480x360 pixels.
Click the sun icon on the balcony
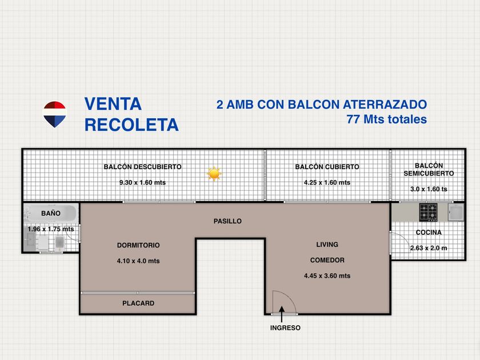pyautogui.click(x=214, y=174)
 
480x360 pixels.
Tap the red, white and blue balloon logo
pyautogui.click(x=54, y=114)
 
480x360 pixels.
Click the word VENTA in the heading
pyautogui.click(x=113, y=104)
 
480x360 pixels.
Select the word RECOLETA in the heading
pyautogui.click(x=131, y=125)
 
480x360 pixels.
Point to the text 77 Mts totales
pyautogui.click(x=387, y=119)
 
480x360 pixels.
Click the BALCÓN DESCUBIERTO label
pyautogui.click(x=143, y=167)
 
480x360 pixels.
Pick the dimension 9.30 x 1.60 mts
pyautogui.click(x=143, y=182)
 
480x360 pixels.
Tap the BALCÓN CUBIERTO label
pyautogui.click(x=327, y=167)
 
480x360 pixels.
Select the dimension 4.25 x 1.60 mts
pyautogui.click(x=327, y=182)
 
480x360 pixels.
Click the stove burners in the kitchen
pyautogui.click(x=428, y=212)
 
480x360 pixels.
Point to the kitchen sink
pyautogui.click(x=456, y=212)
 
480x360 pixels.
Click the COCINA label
pyautogui.click(x=429, y=233)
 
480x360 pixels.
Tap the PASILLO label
pyautogui.click(x=227, y=221)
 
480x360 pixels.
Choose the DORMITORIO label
pyautogui.click(x=138, y=245)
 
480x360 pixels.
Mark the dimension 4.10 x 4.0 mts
pyautogui.click(x=138, y=261)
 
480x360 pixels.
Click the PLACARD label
pyautogui.click(x=138, y=303)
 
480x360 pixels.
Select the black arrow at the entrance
pyautogui.click(x=282, y=314)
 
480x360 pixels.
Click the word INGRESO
pyautogui.click(x=285, y=328)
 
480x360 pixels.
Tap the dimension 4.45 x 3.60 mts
pyautogui.click(x=327, y=275)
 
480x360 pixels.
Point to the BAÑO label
pyautogui.click(x=51, y=213)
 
